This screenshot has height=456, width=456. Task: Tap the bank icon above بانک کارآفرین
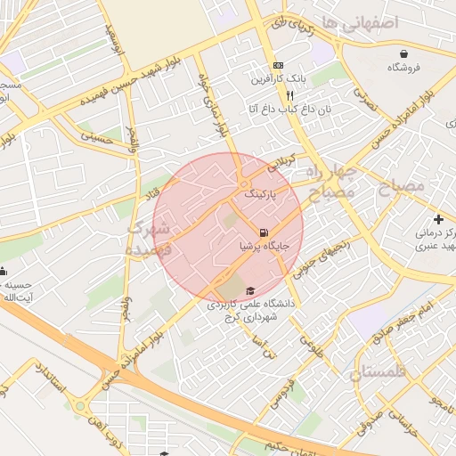pos(279,65)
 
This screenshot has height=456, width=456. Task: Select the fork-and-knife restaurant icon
pos(265,94)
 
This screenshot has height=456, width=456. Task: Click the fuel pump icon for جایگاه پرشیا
pos(263,233)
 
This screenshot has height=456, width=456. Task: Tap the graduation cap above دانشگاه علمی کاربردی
pos(249,290)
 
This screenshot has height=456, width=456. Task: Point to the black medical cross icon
pos(438,219)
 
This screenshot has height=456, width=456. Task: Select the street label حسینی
pos(96,137)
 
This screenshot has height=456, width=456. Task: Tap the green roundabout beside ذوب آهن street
pos(81,407)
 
